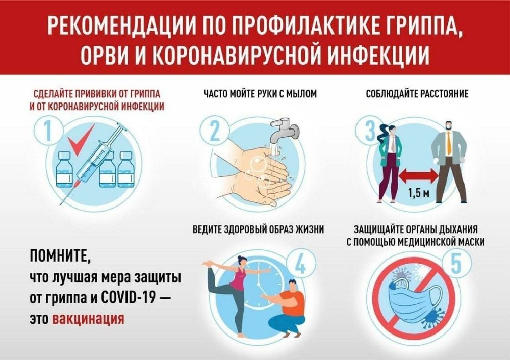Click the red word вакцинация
pos(88,319)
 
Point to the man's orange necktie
pos(448,143)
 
